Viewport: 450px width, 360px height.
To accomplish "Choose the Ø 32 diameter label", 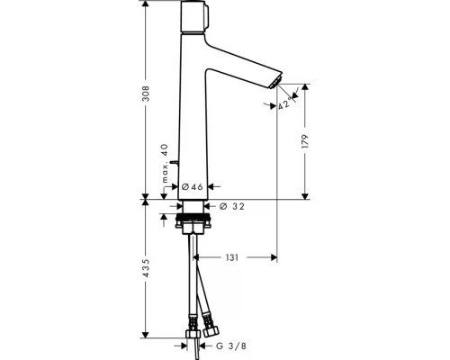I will click(x=232, y=206).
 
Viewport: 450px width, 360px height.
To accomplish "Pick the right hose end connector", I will click(x=211, y=323).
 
